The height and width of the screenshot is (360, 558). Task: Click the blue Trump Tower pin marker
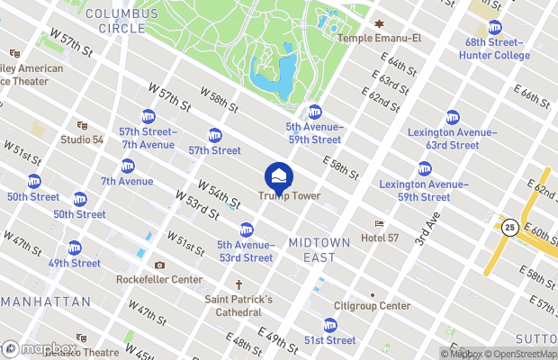pyautogui.click(x=278, y=175)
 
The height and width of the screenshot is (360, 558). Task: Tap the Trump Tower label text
pyautogui.click(x=289, y=196)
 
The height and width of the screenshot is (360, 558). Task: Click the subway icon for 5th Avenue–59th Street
pyautogui.click(x=314, y=112)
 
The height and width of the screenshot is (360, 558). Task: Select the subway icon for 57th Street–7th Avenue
pyautogui.click(x=149, y=116)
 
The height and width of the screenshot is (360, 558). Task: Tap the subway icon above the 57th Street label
pyautogui.click(x=215, y=136)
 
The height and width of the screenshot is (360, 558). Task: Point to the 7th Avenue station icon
pyautogui.click(x=128, y=166)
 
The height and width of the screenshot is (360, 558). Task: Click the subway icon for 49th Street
pyautogui.click(x=75, y=247)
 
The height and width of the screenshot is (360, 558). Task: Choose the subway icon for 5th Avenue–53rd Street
pyautogui.click(x=246, y=229)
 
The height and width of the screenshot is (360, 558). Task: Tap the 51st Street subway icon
pyautogui.click(x=330, y=325)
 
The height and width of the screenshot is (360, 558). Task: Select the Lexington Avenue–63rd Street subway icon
pyautogui.click(x=452, y=117)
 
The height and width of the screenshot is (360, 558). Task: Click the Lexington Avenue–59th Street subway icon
pyautogui.click(x=424, y=168)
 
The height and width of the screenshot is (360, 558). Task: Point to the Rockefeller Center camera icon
pyautogui.click(x=159, y=265)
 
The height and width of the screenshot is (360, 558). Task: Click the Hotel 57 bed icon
pyautogui.click(x=380, y=224)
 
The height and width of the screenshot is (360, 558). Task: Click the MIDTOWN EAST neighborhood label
pyautogui.click(x=312, y=250)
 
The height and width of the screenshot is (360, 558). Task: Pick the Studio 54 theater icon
pyautogui.click(x=82, y=125)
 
